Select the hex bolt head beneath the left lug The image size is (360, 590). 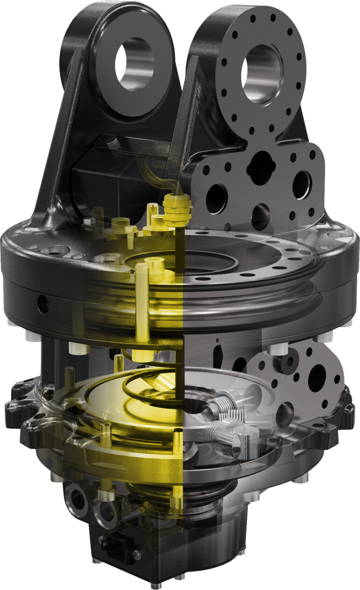click(111, 142)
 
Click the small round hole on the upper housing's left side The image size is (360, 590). click(43, 305)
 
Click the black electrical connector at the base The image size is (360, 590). click(113, 543)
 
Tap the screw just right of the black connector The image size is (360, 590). click(137, 555)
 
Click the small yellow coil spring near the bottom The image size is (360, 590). click(175, 503)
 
